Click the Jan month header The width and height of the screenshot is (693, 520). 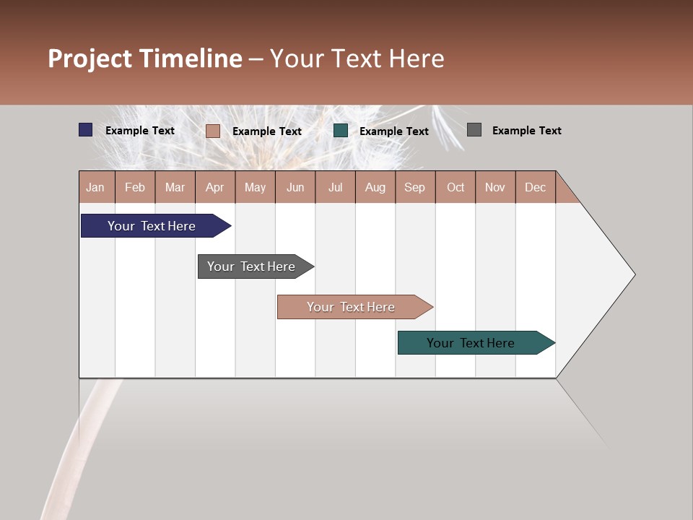click(96, 187)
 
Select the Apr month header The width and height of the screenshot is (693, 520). click(215, 187)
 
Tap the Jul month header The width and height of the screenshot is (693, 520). click(335, 187)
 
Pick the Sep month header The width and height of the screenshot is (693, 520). click(414, 187)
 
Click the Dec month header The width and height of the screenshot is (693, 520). click(535, 187)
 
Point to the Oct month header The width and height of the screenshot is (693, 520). click(456, 187)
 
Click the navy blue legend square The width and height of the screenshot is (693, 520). click(86, 130)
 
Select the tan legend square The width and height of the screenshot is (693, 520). click(213, 131)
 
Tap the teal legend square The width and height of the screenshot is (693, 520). click(341, 131)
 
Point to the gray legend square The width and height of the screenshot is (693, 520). click(474, 130)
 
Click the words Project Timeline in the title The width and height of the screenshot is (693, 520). click(145, 58)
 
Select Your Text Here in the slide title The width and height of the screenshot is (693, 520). click(357, 58)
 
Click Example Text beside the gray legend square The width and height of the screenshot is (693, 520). click(526, 131)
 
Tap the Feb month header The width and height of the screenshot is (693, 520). click(135, 187)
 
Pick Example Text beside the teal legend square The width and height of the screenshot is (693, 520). click(393, 131)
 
